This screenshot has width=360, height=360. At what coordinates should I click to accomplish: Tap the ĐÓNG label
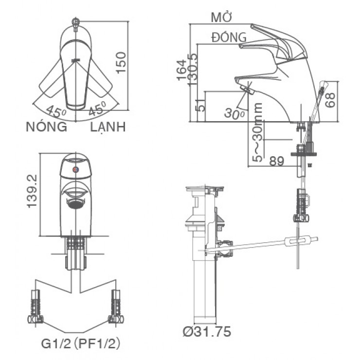coord(229,37)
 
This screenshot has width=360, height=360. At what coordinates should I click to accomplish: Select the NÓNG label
coord(46,127)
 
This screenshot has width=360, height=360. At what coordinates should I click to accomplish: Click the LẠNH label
coord(108,127)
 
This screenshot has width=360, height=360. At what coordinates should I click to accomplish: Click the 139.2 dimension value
coord(33,192)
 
